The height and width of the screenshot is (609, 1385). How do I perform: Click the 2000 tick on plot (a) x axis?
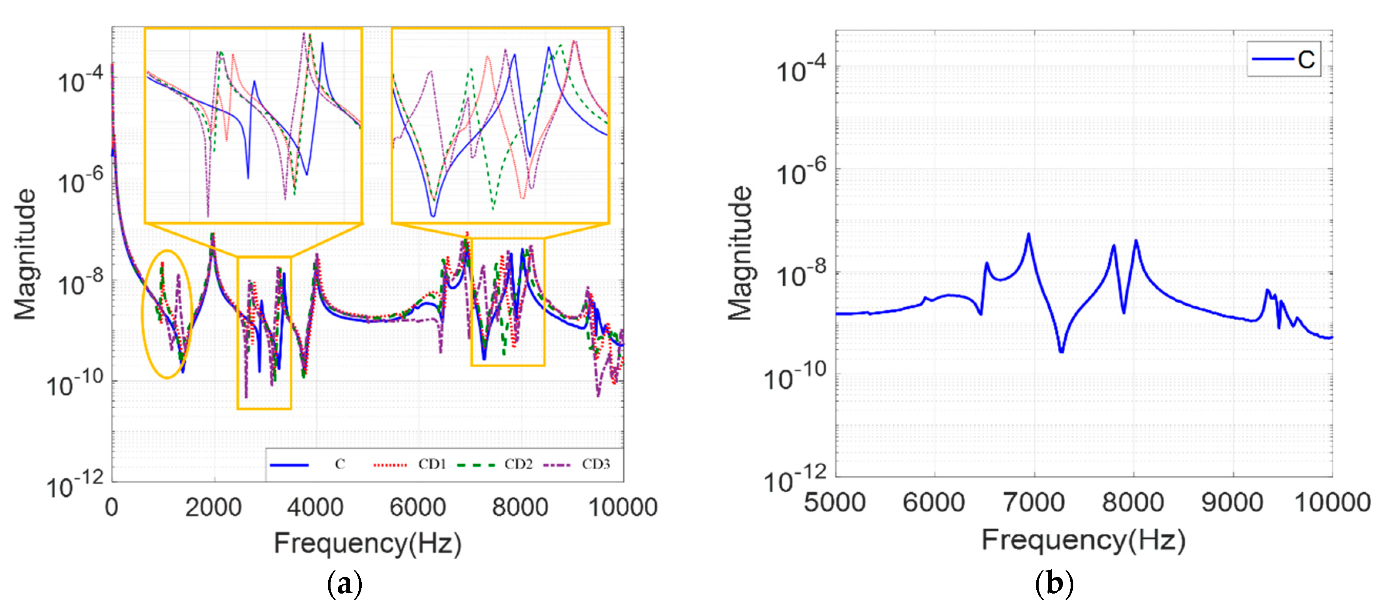(x=213, y=507)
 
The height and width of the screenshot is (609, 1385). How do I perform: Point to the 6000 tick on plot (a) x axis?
(x=418, y=507)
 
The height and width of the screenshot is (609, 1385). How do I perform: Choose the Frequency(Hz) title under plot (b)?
(x=1083, y=540)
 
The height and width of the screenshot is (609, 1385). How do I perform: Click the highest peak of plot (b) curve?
(x=1028, y=235)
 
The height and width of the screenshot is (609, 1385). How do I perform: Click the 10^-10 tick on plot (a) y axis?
(x=74, y=385)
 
